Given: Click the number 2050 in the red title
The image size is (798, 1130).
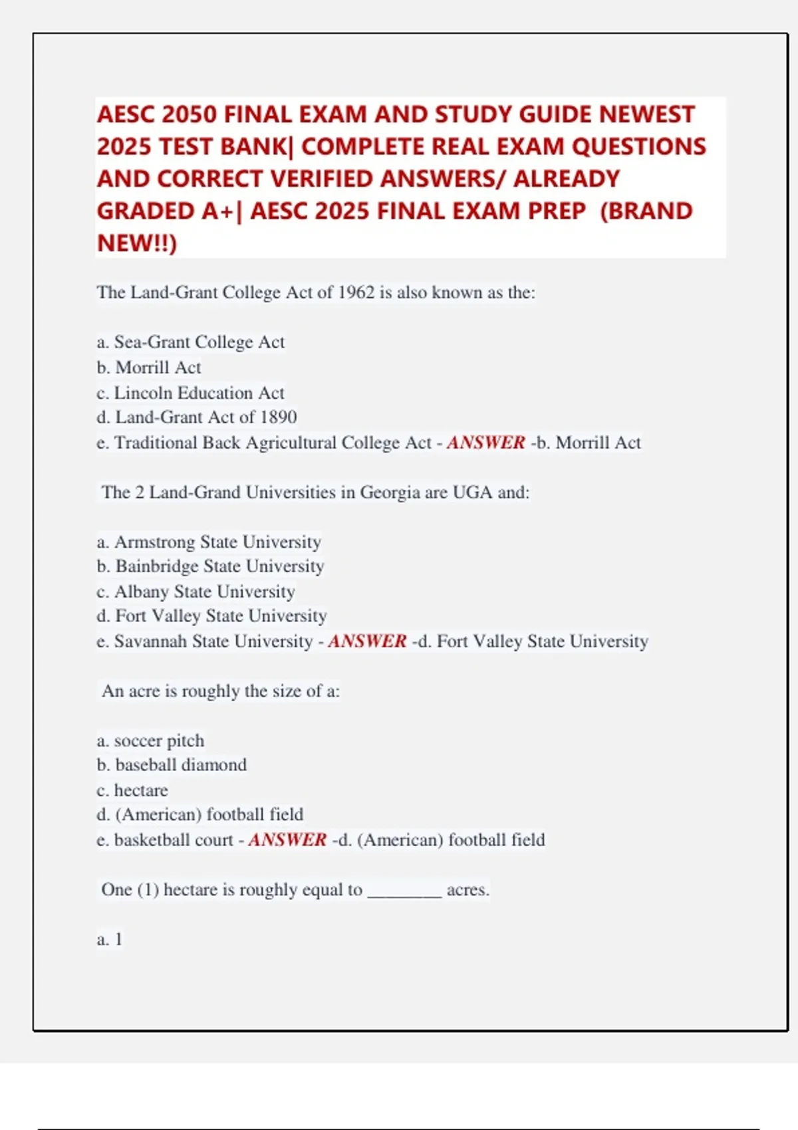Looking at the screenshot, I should tap(189, 114).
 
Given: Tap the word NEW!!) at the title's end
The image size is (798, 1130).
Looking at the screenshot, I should tap(137, 243).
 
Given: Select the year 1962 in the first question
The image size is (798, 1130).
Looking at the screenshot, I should tap(356, 292).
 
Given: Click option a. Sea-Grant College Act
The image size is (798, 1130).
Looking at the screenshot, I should tap(190, 342).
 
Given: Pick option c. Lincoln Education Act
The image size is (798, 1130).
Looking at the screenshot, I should tap(190, 393).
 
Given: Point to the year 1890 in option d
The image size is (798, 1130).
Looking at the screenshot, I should tap(279, 417).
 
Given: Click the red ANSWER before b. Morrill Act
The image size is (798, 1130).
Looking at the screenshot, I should tap(485, 443).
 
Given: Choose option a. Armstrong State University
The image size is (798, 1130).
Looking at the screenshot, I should tap(209, 542).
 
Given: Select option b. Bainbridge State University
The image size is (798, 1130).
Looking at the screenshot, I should tap(210, 566).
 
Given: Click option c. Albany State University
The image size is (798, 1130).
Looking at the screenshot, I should tap(196, 592).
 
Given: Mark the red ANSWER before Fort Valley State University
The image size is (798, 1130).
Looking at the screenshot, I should tap(367, 641).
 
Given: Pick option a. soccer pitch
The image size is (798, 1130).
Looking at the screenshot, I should tap(150, 740).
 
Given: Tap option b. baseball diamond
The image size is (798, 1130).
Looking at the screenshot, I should tap(172, 765).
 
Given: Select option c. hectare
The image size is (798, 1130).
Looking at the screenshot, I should tap(132, 790).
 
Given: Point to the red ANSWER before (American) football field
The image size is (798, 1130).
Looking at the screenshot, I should tap(287, 840).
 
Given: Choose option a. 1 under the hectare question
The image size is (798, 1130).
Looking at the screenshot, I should tap(110, 939).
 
